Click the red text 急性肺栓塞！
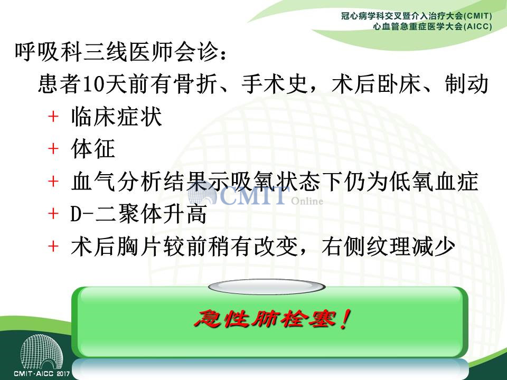273,319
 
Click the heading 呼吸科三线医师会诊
116,52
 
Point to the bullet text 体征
93,149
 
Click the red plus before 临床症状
53,116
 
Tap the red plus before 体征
53,149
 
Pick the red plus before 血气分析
53,181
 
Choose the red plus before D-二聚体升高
53,214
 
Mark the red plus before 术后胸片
53,246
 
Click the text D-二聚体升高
139,214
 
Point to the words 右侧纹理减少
388,246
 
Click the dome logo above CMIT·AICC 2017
41,352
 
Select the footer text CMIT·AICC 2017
42,374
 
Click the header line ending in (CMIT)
417,16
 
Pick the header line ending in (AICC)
433,26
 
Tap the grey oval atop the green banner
267,287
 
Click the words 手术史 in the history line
274,84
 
